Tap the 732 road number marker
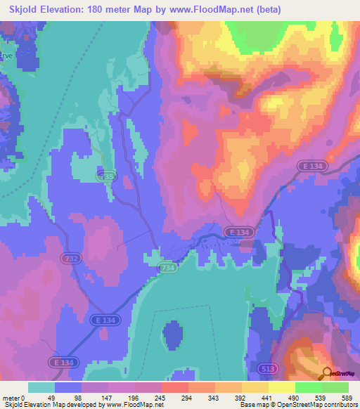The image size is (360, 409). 71,259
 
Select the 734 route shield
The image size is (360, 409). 167,268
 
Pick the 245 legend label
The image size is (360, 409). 160,397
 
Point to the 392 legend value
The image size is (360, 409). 240,397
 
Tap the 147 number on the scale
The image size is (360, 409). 107,397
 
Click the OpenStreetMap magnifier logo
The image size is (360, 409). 326,374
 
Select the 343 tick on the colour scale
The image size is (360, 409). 214,397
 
